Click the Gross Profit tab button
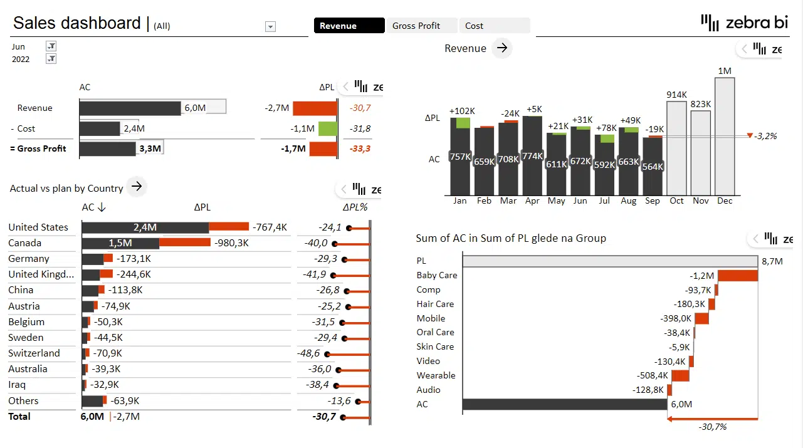[422, 26]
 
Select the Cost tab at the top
[494, 26]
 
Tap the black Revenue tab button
[349, 26]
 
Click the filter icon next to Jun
[51, 46]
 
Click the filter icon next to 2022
[51, 59]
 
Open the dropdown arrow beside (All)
[270, 26]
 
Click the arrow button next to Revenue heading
[501, 48]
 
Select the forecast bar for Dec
[725, 136]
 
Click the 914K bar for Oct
[677, 148]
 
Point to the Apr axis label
[532, 201]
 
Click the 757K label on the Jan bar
[460, 157]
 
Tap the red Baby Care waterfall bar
[738, 276]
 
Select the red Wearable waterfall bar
[680, 375]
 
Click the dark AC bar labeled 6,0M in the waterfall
[564, 405]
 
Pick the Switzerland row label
[34, 353]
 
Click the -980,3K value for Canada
[231, 243]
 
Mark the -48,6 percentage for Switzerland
[310, 353]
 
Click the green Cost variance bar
[327, 129]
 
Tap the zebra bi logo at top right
[744, 23]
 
